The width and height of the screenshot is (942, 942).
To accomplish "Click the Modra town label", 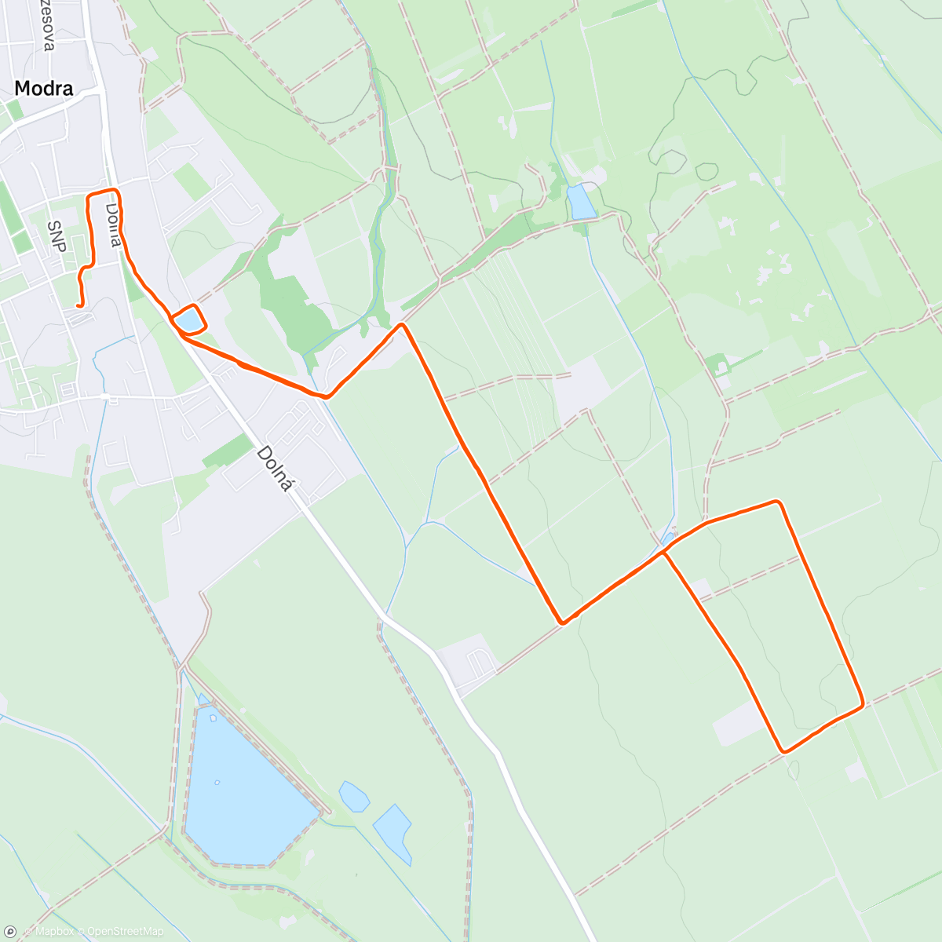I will (x=44, y=89).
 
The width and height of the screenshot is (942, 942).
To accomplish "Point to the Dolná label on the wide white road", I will (x=275, y=469).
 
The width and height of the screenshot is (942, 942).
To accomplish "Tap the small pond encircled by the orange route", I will (x=188, y=320).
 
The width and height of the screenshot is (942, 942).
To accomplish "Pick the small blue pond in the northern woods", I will (x=582, y=203).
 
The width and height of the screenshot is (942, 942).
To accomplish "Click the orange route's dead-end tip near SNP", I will (x=78, y=305).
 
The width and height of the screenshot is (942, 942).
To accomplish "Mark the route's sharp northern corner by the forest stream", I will (x=402, y=324).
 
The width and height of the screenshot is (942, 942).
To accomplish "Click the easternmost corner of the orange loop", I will (x=862, y=703).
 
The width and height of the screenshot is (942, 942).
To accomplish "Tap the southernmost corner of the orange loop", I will (x=784, y=751).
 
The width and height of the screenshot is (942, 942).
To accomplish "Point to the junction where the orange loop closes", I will (x=664, y=552).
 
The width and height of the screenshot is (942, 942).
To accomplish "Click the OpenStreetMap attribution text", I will (x=125, y=932).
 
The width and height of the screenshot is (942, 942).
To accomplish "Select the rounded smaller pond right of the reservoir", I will (x=354, y=797).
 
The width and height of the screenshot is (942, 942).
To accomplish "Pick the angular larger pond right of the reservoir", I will (x=393, y=832).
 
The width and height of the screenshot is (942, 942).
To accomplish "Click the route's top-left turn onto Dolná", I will (x=89, y=194).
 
